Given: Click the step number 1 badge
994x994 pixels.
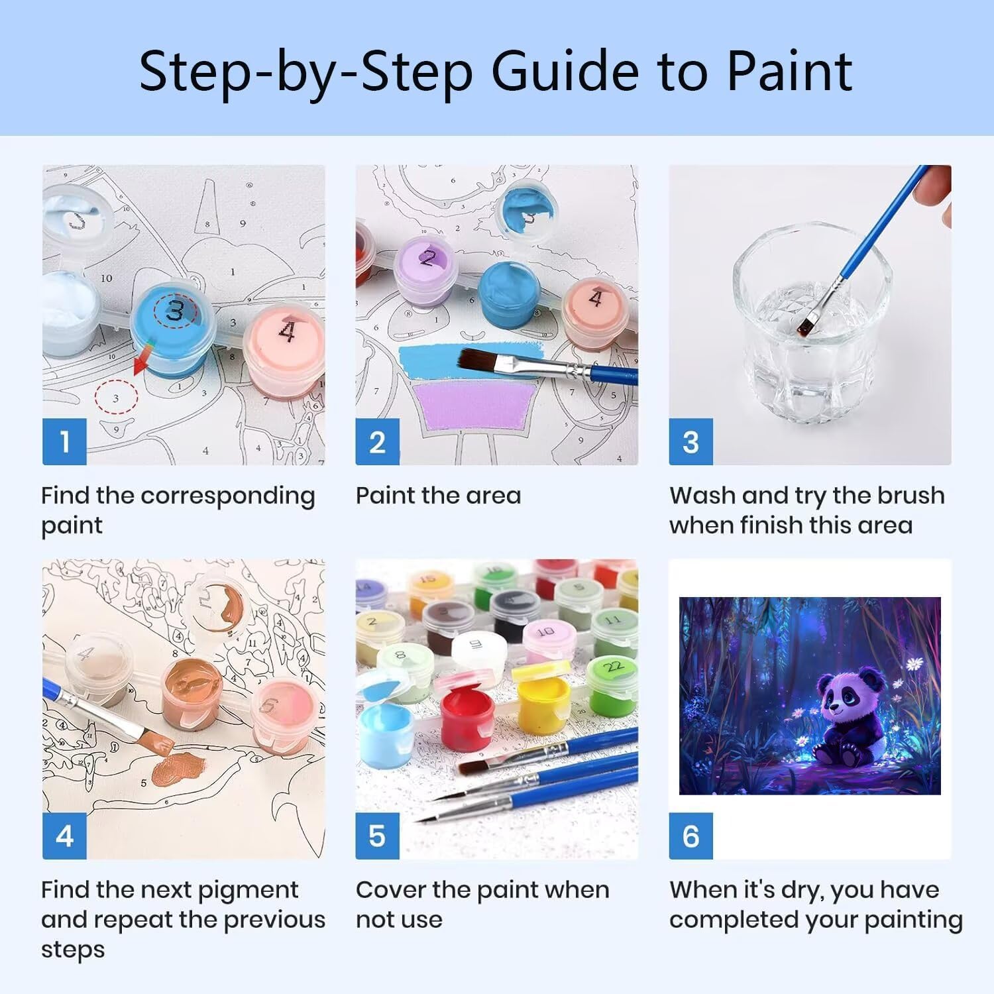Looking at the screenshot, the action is pyautogui.click(x=64, y=441).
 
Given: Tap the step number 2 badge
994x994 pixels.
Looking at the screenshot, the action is pyautogui.click(x=377, y=441).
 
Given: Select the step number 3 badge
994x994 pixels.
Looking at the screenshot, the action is pyautogui.click(x=690, y=441).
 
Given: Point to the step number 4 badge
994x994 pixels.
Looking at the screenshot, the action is pyautogui.click(x=64, y=836).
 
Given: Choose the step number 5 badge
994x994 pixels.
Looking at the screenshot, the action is pyautogui.click(x=377, y=836).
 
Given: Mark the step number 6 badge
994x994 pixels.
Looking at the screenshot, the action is pyautogui.click(x=690, y=836).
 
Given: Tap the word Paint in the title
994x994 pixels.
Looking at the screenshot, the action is pyautogui.click(x=789, y=71).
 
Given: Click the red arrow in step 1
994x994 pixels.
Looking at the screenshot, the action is pyautogui.click(x=142, y=359).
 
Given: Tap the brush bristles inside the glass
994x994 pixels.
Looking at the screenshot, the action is pyautogui.click(x=806, y=325).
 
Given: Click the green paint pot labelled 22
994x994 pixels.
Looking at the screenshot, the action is pyautogui.click(x=613, y=686).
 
